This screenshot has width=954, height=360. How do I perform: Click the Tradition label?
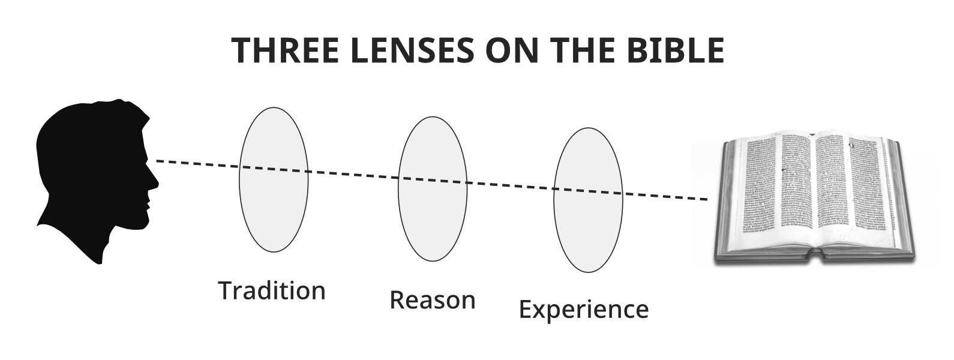[272, 291]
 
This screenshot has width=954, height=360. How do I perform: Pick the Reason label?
[432, 300]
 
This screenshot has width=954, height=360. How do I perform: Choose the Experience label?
[583, 310]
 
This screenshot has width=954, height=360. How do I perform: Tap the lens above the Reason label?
[433, 188]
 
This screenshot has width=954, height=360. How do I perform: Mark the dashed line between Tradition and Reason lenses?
[354, 175]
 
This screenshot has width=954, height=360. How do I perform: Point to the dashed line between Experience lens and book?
[666, 196]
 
